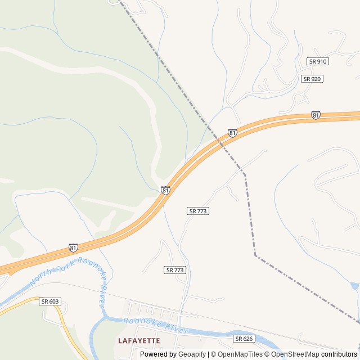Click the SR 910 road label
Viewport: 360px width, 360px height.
click(x=318, y=61)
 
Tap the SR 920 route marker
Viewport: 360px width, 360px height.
click(x=312, y=79)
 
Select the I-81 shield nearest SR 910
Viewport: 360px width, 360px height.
click(x=316, y=115)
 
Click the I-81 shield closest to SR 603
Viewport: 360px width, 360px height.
click(x=73, y=247)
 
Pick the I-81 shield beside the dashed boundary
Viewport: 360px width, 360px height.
click(x=232, y=133)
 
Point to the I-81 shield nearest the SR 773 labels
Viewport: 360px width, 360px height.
click(x=165, y=191)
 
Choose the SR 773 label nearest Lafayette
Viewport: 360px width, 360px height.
click(x=175, y=270)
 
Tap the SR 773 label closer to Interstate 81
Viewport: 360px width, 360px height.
click(x=198, y=211)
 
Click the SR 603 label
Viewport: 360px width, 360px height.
click(x=50, y=301)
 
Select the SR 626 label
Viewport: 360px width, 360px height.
click(x=244, y=339)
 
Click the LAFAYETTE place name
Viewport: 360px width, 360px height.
click(x=139, y=340)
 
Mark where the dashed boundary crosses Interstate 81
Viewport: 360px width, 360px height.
click(x=221, y=143)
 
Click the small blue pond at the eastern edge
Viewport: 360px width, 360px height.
click(x=355, y=286)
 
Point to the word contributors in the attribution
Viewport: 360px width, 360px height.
click(x=339, y=354)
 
